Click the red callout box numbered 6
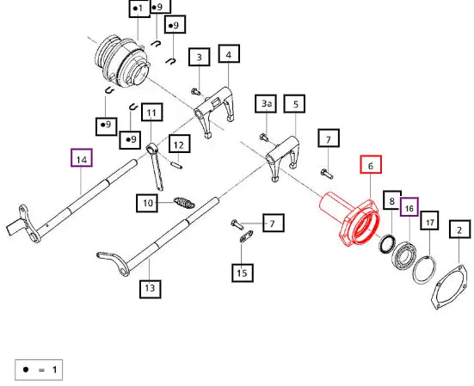371,164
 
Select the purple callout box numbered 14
82,157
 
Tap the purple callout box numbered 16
409,207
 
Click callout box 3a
266,104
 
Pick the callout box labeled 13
151,289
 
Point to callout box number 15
242,273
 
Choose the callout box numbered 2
459,230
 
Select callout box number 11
151,113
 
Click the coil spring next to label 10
184,203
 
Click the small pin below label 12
176,166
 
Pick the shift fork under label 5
283,158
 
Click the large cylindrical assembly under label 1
123,61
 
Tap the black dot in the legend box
26,370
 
